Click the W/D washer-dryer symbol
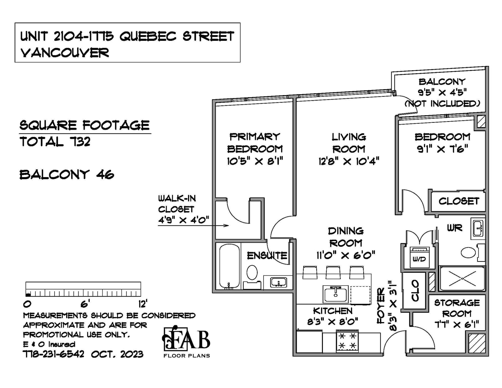pos(419,257)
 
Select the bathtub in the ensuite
pos(229,267)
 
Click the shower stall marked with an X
pos(462,278)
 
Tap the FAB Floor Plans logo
pos(186,342)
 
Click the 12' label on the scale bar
pos(143,304)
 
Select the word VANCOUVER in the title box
pos(65,53)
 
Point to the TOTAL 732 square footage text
pos(55,142)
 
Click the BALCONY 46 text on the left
pos(67,175)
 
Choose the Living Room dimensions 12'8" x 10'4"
pos(349,161)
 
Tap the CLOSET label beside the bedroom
pos(459,201)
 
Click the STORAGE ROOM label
pos(457,308)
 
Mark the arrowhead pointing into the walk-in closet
pos(227,225)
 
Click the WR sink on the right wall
pos(478,229)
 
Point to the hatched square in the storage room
pos(477,343)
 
